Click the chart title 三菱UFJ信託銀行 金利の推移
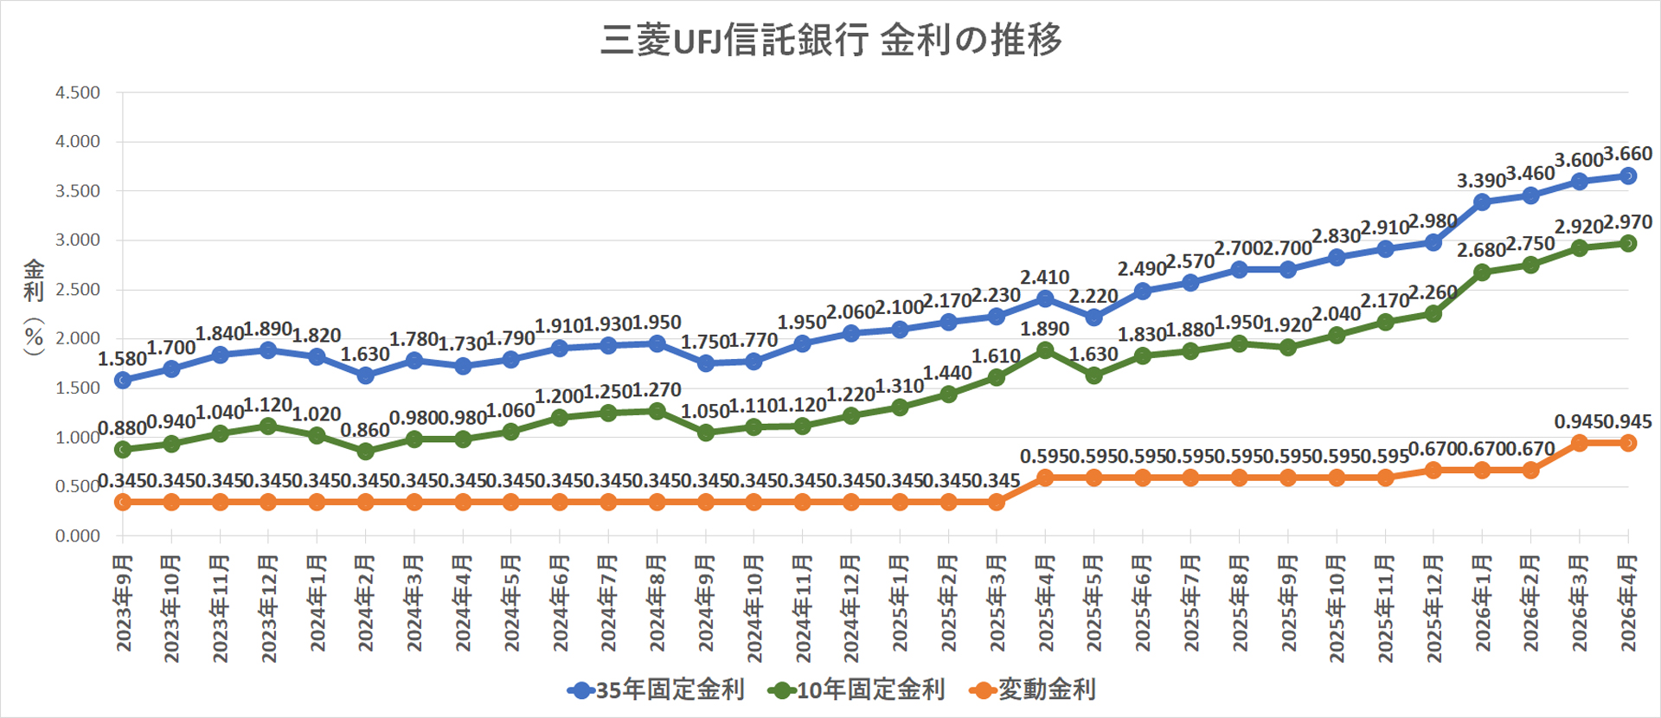(830, 40)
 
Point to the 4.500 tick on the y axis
(78, 93)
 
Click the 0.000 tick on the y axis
(78, 535)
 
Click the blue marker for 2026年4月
(1628, 176)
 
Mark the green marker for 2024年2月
(365, 451)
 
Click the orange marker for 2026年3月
(1579, 443)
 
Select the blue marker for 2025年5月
(1093, 317)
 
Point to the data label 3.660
(1628, 154)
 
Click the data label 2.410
(1044, 278)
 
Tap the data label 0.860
(364, 430)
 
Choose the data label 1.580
(122, 359)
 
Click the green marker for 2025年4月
(1045, 349)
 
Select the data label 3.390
(1481, 181)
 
